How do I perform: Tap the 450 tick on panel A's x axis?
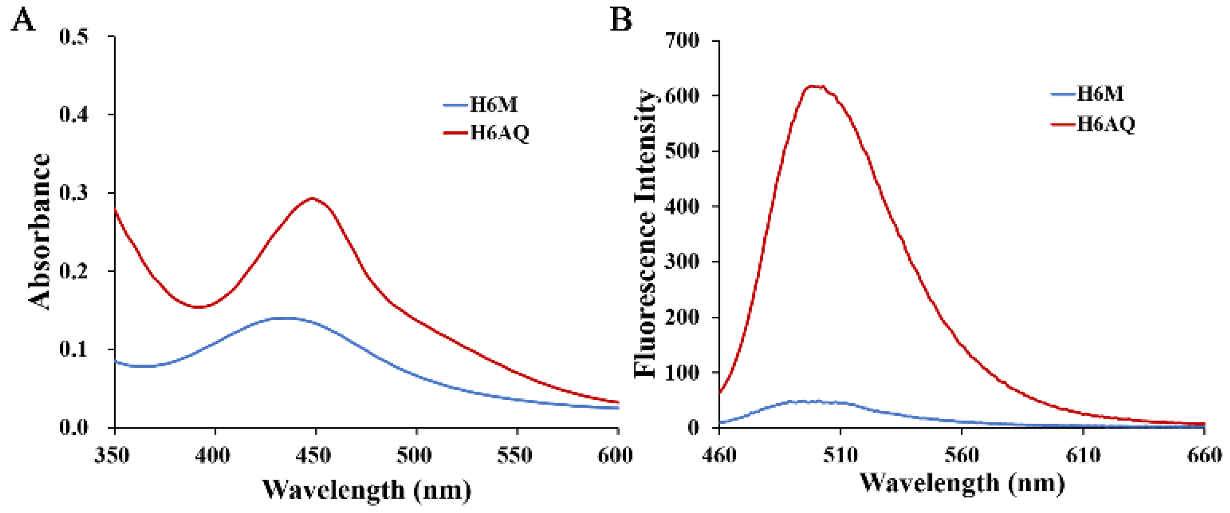click(x=316, y=456)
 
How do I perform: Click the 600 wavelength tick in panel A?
click(x=615, y=456)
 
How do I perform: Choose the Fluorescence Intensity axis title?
click(x=646, y=234)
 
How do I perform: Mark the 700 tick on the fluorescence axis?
click(x=682, y=41)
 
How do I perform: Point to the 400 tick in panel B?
click(x=682, y=207)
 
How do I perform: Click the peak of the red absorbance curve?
click(x=312, y=198)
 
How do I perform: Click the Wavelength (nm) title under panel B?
click(x=962, y=483)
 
